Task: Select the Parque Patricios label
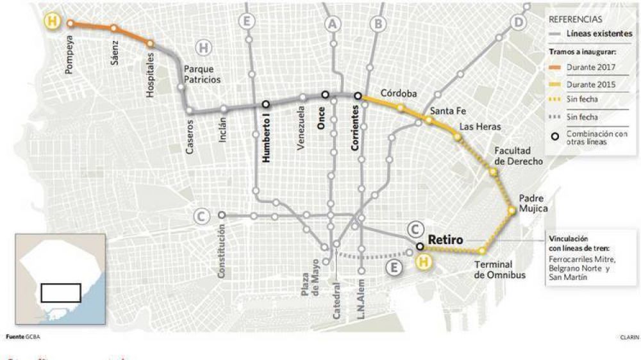coord(202,74)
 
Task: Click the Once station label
coord(322,117)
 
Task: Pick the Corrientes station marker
coord(358,97)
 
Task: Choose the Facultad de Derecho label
coord(519,156)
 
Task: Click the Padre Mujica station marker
coord(512,210)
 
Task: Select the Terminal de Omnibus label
coord(499,270)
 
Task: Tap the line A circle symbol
coord(332,24)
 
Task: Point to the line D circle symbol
coord(518,22)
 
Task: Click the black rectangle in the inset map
coord(60,291)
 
